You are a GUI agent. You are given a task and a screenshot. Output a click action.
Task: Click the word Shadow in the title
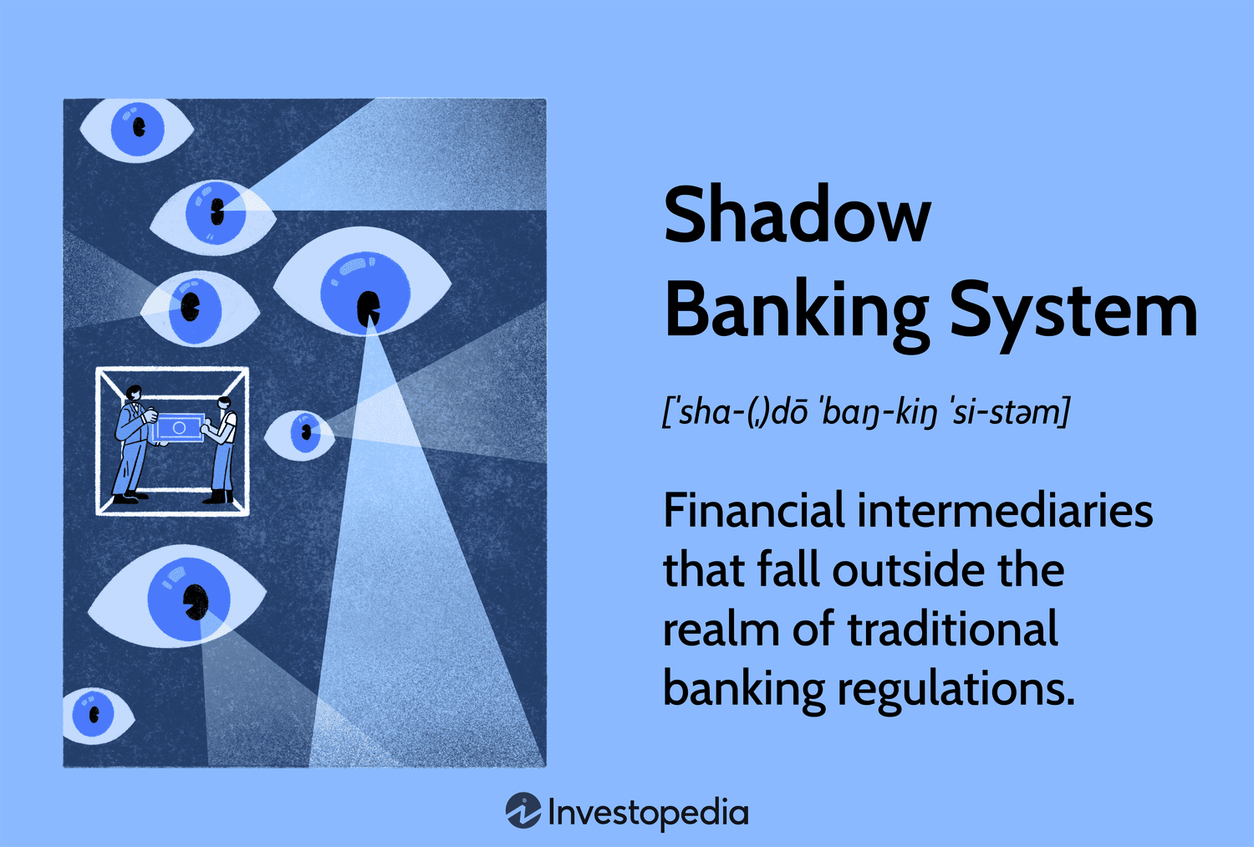tap(796, 216)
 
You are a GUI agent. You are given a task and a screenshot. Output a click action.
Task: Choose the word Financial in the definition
tap(753, 511)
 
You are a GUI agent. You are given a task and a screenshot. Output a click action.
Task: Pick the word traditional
tap(953, 630)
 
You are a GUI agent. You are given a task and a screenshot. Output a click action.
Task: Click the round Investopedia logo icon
tap(523, 811)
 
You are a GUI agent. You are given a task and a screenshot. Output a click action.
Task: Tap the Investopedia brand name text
tap(648, 812)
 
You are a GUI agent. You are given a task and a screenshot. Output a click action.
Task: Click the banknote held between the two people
tap(178, 427)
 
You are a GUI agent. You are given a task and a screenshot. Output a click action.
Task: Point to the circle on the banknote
tap(179, 427)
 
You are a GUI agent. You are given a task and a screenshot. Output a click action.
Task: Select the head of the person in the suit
tap(133, 392)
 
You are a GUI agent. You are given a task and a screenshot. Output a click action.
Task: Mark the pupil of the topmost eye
tap(139, 127)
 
